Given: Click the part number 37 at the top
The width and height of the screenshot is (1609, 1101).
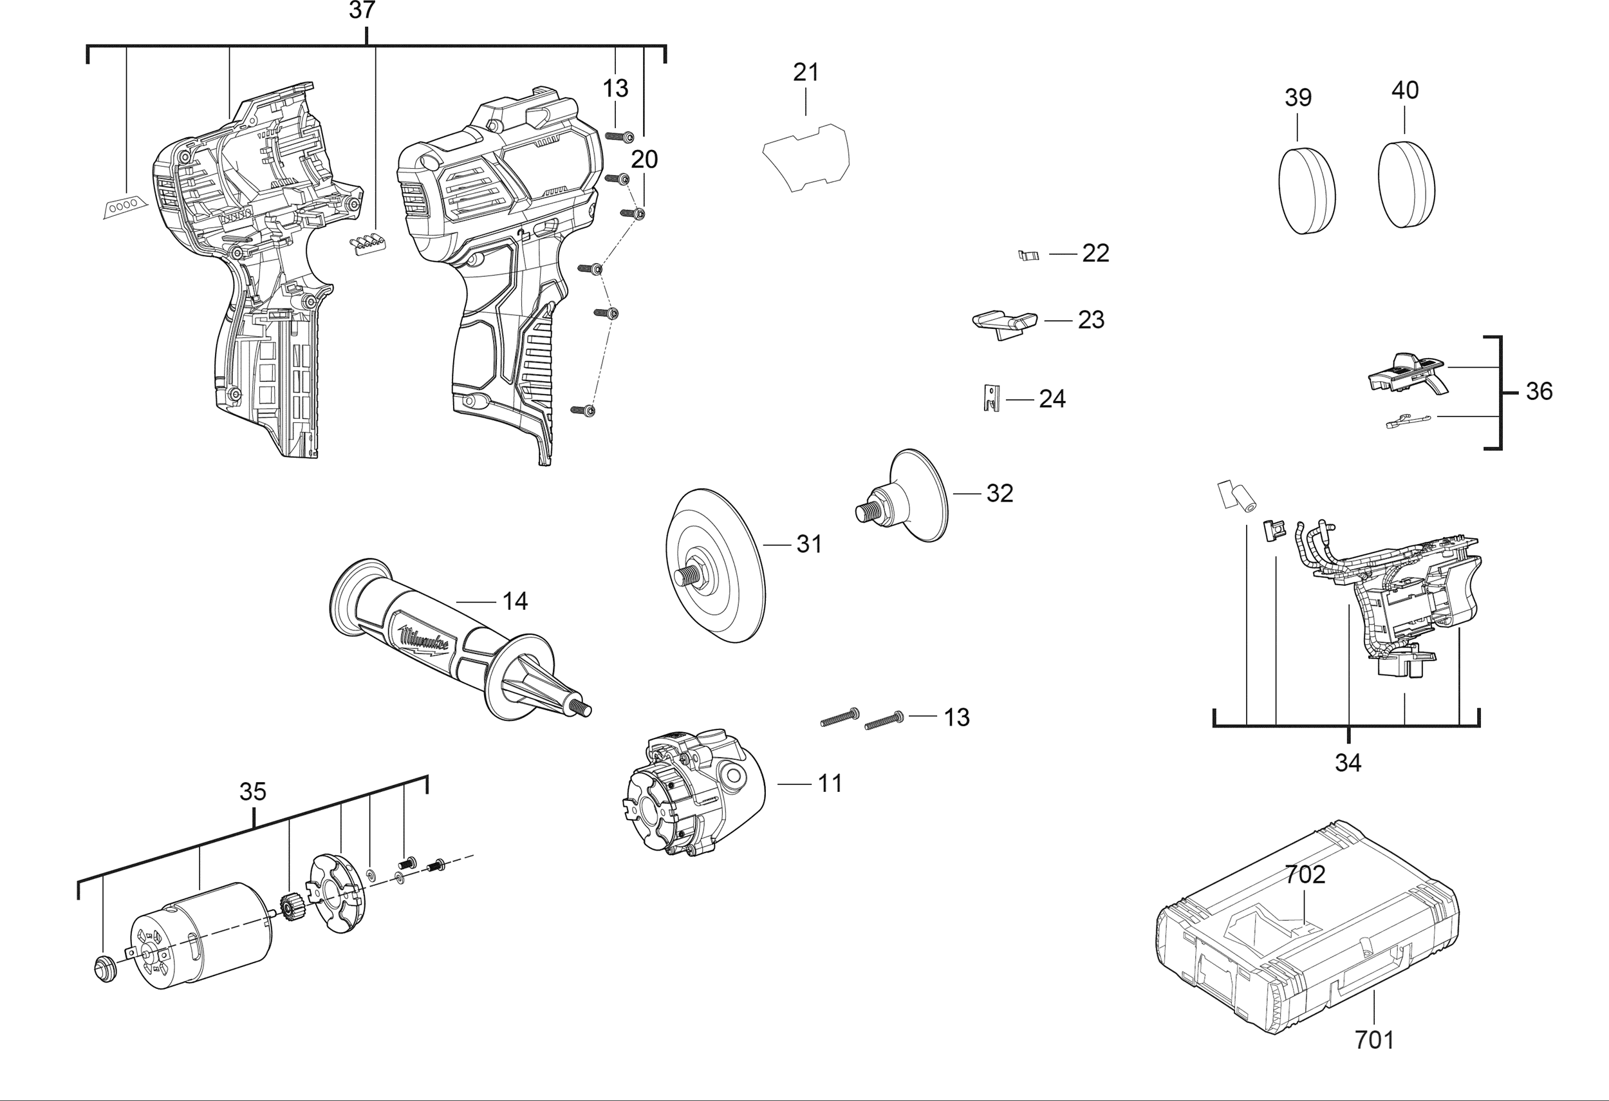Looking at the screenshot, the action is (362, 10).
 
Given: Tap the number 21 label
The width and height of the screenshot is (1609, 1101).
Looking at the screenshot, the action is (806, 72).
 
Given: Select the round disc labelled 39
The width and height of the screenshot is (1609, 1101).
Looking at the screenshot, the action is (1306, 191).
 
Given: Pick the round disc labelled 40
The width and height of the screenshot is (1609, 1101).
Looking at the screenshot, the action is (1406, 183).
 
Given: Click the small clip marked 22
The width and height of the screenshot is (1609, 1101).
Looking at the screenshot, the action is (1029, 255).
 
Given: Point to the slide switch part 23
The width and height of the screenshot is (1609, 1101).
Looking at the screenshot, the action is (1005, 324).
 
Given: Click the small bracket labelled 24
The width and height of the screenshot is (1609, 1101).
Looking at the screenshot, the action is (992, 397).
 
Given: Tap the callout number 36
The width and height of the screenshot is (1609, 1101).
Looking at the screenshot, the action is (1539, 391).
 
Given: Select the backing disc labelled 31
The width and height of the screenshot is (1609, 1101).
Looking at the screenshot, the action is (716, 566).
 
